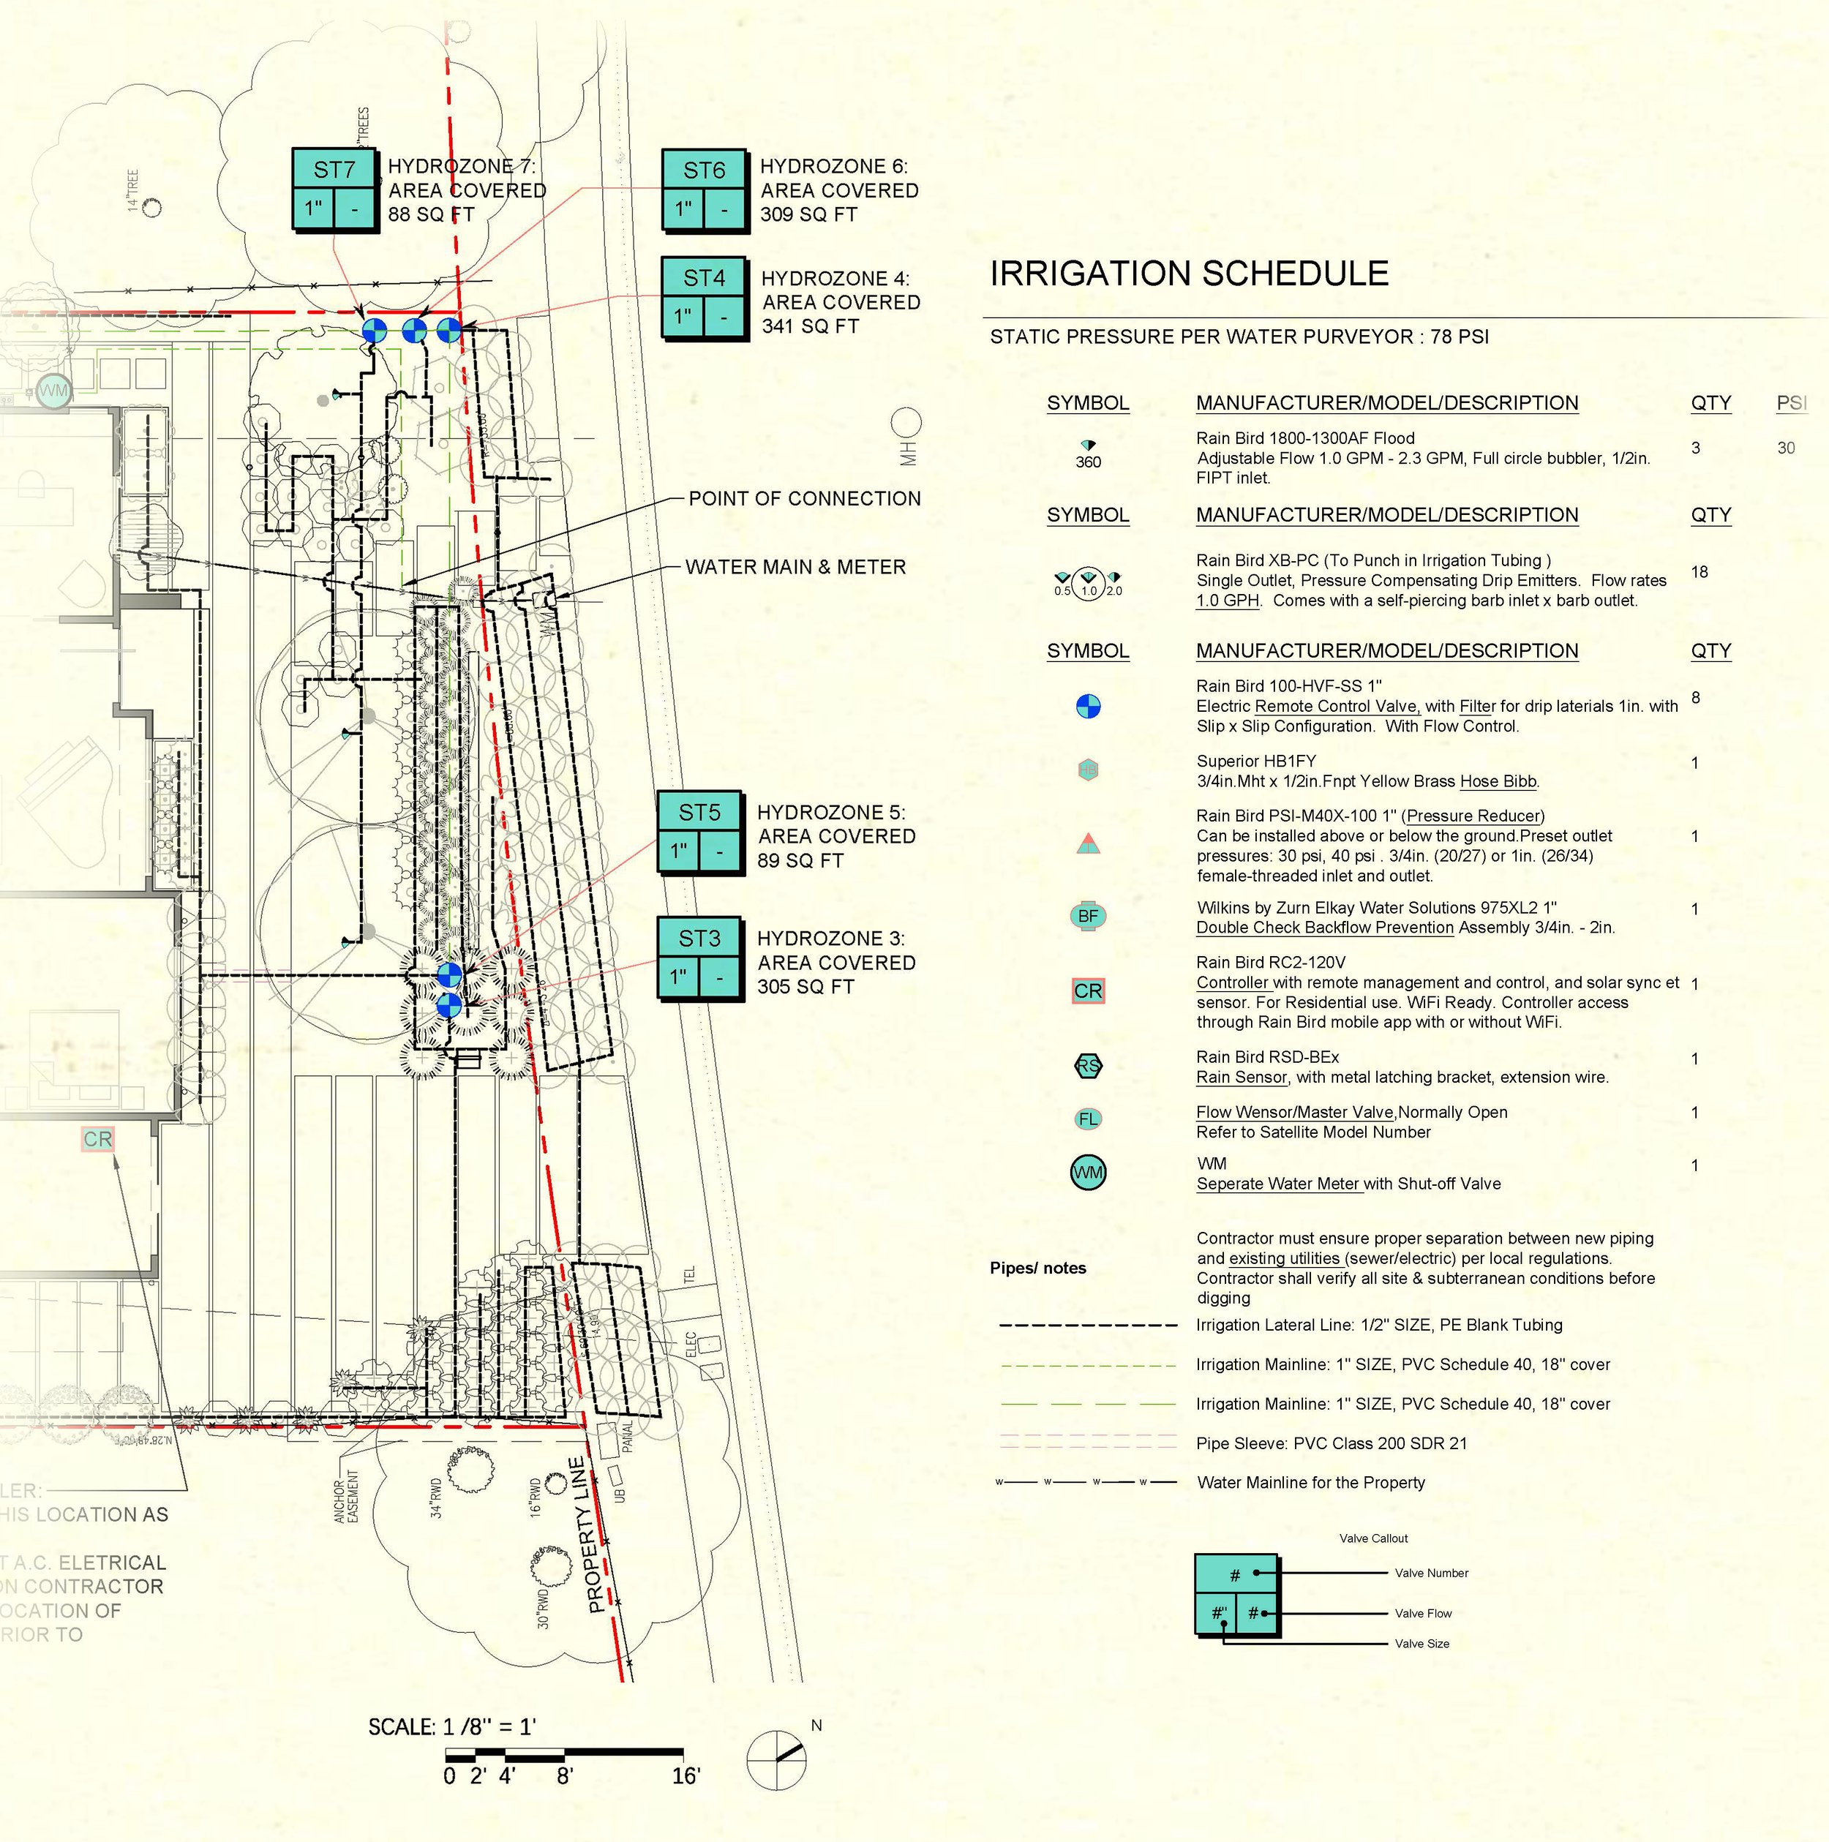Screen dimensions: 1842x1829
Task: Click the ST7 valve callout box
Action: click(334, 189)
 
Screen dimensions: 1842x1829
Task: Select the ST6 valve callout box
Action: click(704, 189)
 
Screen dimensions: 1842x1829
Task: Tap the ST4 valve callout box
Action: click(704, 298)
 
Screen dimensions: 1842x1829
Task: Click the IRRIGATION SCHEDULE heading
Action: click(1188, 274)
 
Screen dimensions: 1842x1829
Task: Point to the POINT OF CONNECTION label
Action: click(804, 499)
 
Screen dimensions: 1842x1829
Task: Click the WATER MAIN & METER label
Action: click(795, 567)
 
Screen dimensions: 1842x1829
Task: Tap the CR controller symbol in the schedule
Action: click(1087, 991)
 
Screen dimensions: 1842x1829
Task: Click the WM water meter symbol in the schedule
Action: click(1087, 1173)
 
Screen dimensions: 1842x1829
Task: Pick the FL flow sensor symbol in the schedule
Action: click(1087, 1119)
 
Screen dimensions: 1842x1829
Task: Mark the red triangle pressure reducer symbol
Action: click(1087, 843)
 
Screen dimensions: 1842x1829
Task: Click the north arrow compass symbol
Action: click(776, 1760)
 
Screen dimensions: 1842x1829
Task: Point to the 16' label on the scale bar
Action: click(686, 1776)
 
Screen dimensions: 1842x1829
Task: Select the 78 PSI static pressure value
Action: click(1459, 337)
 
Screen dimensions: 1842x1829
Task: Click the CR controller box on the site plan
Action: click(97, 1139)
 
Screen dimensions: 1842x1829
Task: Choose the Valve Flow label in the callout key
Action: click(1423, 1613)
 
